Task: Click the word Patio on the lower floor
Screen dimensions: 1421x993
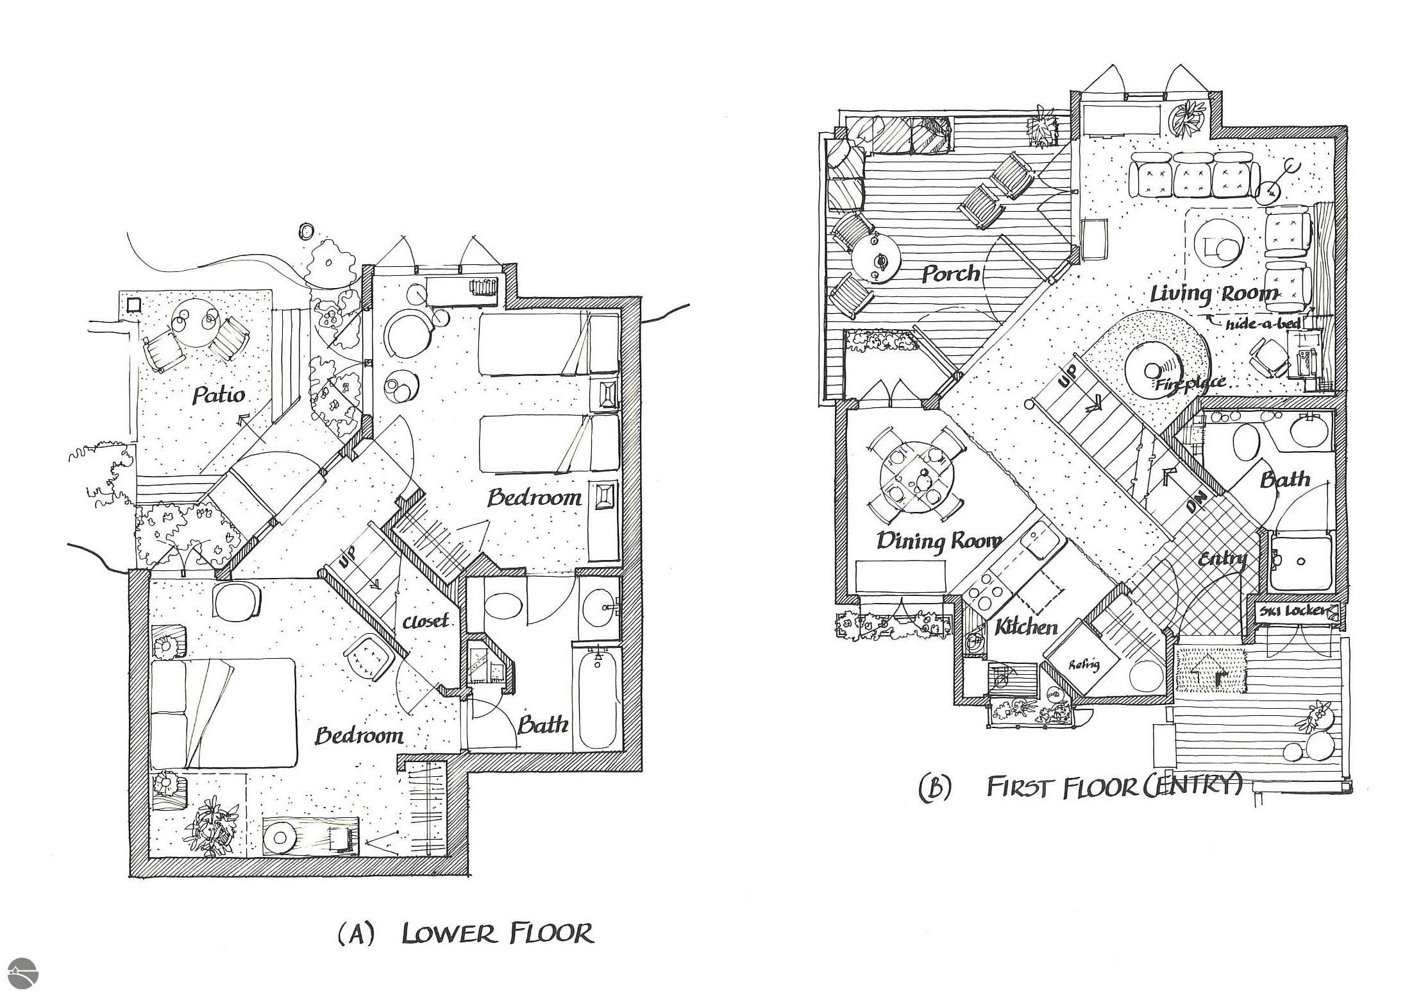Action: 219,395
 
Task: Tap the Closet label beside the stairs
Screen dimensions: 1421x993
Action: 425,622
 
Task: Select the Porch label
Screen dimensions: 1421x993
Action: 951,274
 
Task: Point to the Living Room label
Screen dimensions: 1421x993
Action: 1214,294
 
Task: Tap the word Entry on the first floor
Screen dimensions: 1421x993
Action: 1222,559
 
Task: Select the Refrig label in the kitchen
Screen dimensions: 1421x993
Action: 1084,665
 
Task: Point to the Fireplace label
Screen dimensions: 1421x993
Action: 1190,384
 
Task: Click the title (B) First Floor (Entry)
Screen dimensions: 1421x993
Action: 1081,786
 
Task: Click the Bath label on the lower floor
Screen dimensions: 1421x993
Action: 542,725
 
